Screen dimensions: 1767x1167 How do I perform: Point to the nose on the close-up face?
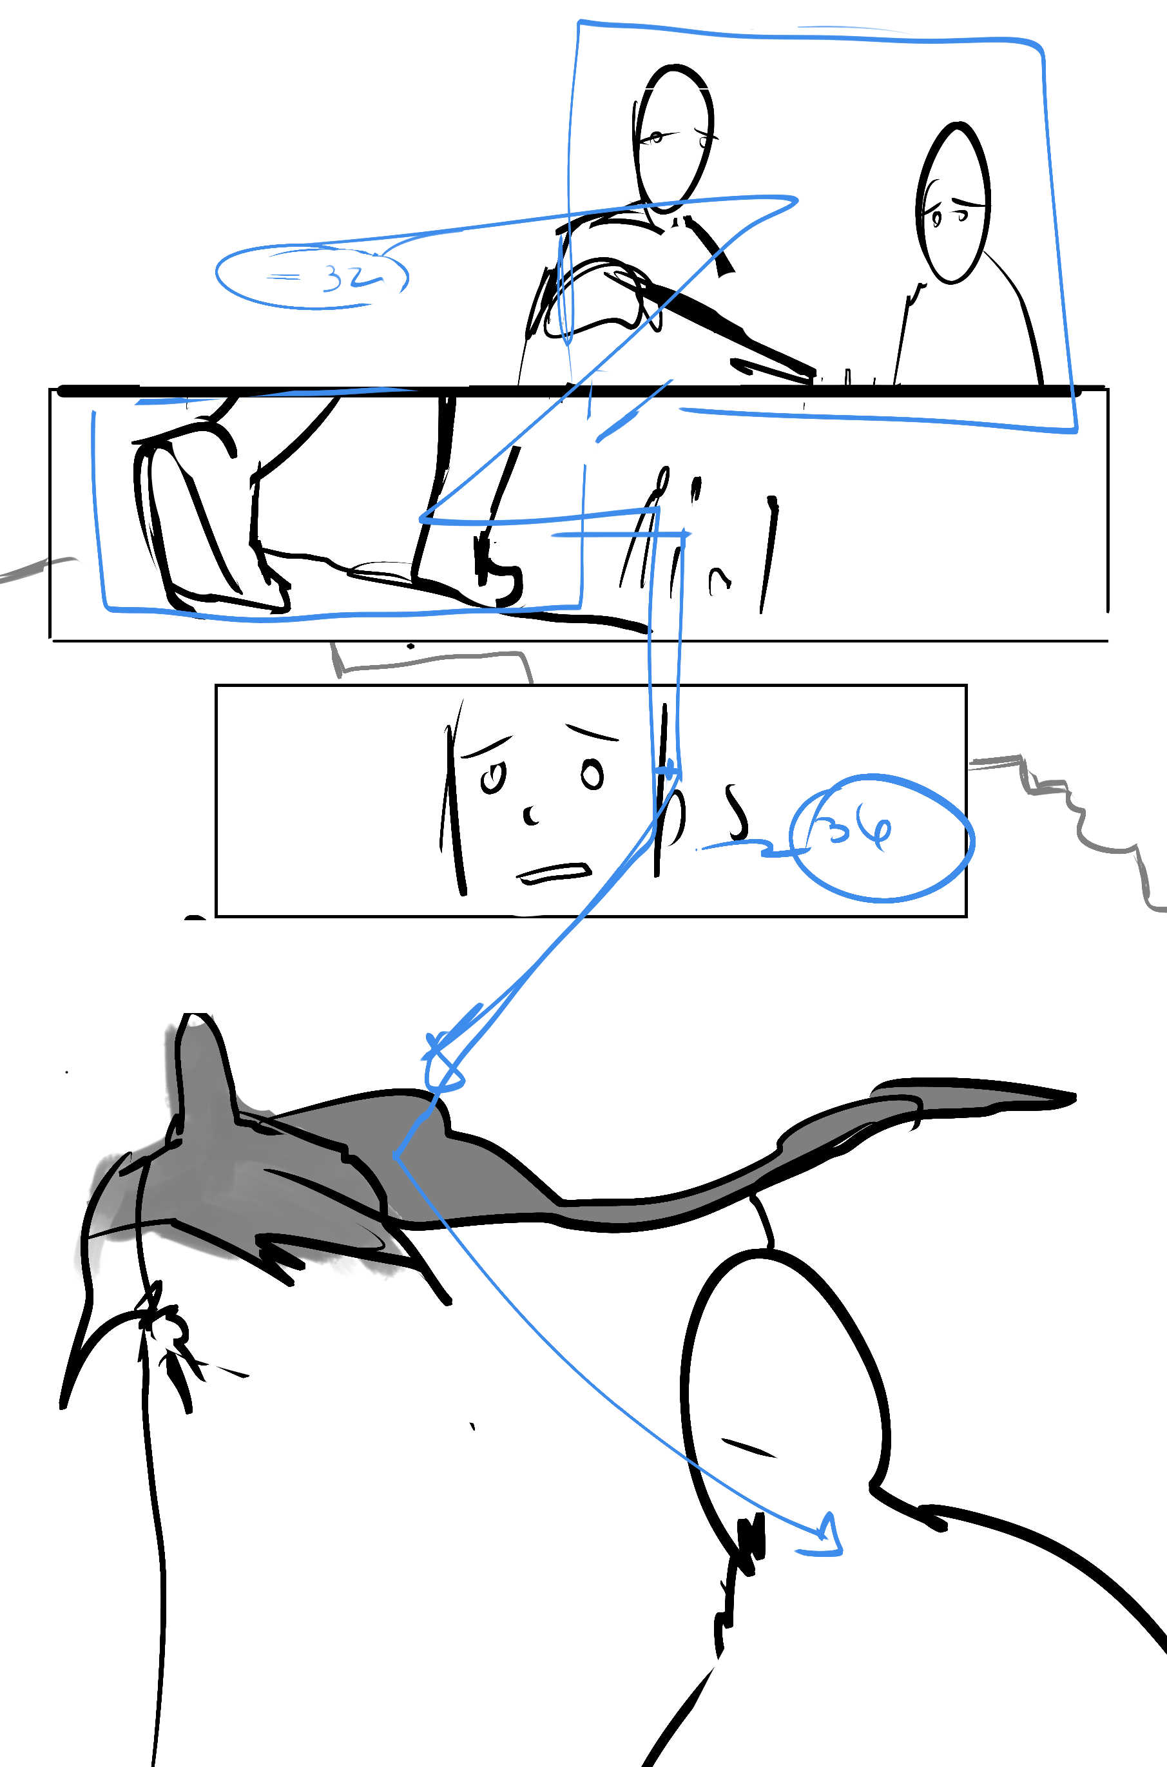pyautogui.click(x=532, y=815)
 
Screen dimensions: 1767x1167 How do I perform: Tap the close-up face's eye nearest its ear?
pyautogui.click(x=592, y=775)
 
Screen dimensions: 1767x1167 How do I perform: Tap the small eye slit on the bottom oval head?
pyautogui.click(x=748, y=1447)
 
